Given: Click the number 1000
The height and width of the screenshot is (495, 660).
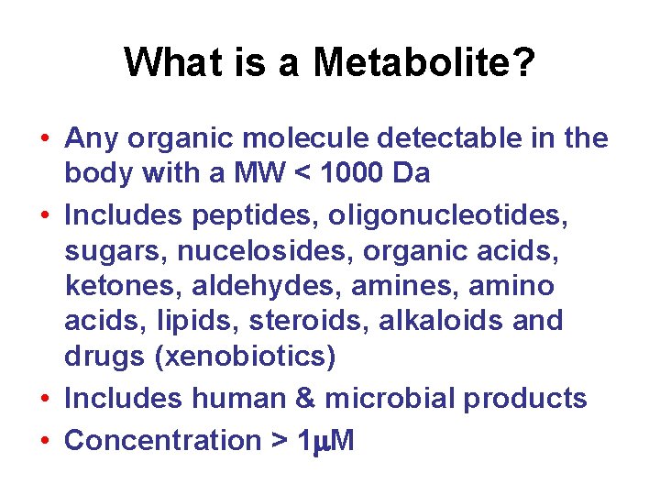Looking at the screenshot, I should pyautogui.click(x=351, y=174).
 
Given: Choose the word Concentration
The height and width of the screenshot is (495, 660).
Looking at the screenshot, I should pyautogui.click(x=162, y=441).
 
